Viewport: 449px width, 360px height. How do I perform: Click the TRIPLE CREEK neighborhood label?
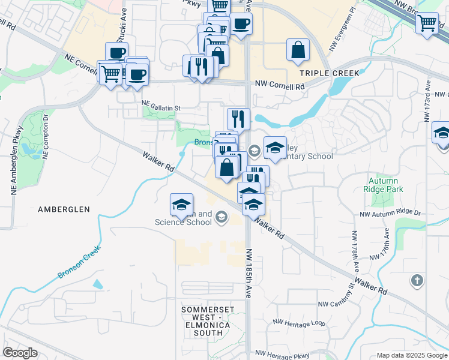[330, 73]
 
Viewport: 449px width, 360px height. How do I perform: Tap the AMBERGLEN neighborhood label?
[64, 209]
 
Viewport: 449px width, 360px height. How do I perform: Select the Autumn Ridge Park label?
[383, 184]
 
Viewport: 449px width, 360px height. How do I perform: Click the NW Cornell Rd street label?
[279, 85]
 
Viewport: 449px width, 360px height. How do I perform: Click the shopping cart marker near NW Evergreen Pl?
[427, 23]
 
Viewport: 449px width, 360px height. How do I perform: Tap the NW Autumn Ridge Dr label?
[390, 213]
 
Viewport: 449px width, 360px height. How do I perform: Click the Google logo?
[20, 353]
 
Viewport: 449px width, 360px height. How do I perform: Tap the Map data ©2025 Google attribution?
[411, 355]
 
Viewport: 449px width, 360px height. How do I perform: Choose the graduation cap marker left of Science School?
[181, 206]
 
